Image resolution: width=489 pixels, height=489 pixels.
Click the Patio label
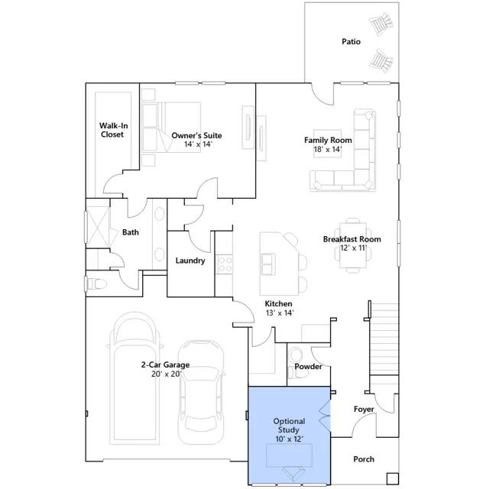[351, 41]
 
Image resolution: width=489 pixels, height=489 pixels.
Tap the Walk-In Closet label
[113, 130]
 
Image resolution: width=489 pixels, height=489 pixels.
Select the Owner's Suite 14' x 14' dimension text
[198, 144]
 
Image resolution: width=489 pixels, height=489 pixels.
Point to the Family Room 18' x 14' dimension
[328, 150]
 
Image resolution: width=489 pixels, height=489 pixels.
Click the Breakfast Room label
[351, 239]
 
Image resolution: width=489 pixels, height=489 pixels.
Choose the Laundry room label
[190, 261]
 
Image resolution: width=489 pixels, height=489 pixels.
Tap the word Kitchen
[278, 303]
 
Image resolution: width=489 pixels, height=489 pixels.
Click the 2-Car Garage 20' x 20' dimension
[166, 374]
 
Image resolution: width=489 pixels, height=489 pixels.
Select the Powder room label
[308, 367]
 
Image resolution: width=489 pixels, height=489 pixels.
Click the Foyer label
[364, 410]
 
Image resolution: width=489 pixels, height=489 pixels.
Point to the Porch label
[364, 459]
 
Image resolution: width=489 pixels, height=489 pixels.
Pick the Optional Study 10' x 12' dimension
[290, 439]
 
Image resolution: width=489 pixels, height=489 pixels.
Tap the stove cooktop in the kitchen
[225, 264]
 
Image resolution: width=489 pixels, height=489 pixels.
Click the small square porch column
[393, 478]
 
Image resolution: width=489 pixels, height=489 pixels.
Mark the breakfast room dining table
[353, 245]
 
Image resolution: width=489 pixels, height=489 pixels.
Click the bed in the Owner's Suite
[171, 127]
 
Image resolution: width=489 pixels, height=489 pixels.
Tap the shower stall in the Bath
[98, 227]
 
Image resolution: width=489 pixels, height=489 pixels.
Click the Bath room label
[131, 232]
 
